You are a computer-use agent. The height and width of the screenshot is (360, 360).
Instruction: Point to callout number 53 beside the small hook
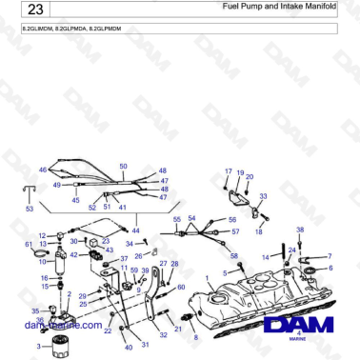(x=29, y=208)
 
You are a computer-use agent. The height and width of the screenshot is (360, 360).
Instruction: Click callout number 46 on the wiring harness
(x=43, y=170)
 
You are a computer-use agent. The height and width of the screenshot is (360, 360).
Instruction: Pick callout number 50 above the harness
(x=123, y=167)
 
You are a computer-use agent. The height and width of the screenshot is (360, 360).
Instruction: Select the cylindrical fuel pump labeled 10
(x=64, y=257)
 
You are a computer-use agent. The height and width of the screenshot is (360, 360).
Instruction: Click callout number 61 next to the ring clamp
(x=29, y=246)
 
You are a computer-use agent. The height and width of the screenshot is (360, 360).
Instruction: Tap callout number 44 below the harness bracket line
(x=134, y=231)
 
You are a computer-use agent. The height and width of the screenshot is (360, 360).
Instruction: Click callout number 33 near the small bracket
(x=263, y=195)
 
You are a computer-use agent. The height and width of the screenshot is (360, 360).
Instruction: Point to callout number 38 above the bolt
(x=300, y=230)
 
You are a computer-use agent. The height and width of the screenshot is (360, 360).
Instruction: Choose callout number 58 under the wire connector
(x=234, y=256)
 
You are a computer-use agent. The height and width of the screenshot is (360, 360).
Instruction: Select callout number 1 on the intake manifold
(x=208, y=279)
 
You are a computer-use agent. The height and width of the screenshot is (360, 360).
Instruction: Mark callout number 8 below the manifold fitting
(x=197, y=337)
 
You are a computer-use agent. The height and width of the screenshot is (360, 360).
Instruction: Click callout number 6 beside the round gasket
(x=330, y=268)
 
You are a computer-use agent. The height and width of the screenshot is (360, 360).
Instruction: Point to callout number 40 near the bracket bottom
(x=129, y=348)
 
